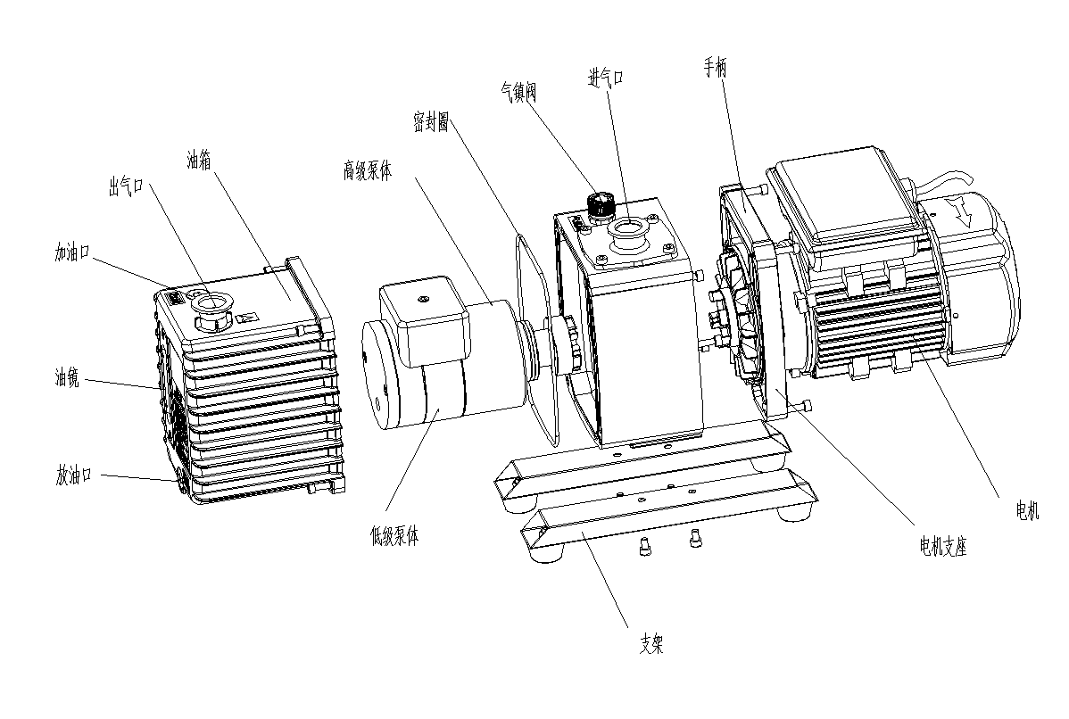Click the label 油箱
(x=198, y=161)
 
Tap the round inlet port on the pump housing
(x=627, y=231)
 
